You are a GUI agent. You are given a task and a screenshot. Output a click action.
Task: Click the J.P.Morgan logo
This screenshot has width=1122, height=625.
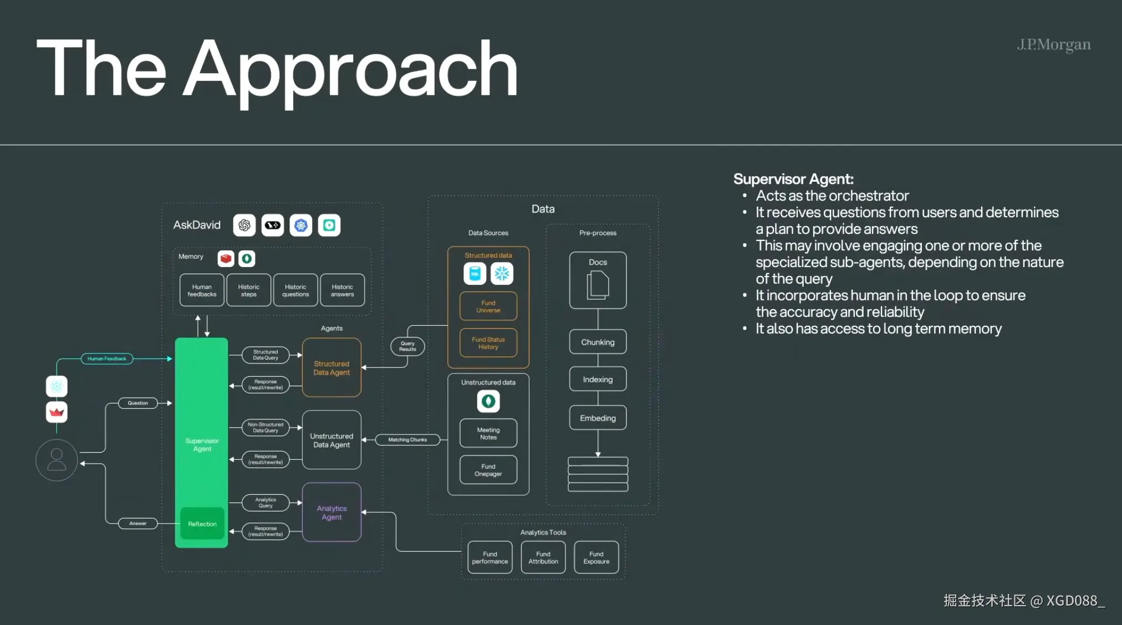point(1053,44)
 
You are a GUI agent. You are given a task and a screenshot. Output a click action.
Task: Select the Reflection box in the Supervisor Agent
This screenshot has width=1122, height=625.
point(202,524)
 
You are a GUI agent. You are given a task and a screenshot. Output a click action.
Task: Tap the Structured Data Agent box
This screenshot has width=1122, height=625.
point(331,368)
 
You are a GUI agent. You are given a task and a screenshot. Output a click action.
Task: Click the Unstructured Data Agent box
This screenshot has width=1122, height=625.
point(331,440)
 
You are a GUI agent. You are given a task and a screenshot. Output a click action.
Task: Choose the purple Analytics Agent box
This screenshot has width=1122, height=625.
point(331,513)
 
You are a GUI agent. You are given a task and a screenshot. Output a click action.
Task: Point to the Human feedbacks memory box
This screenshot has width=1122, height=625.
point(202,290)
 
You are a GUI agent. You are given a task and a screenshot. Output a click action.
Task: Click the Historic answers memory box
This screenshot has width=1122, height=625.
point(342,290)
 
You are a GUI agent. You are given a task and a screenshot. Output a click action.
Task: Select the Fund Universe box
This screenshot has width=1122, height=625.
point(488,306)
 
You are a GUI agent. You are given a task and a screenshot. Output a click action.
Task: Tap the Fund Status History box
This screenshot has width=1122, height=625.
point(488,343)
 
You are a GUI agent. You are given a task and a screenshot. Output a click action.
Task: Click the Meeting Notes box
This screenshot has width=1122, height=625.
point(488,433)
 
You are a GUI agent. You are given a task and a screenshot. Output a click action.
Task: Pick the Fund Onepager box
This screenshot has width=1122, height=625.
point(488,470)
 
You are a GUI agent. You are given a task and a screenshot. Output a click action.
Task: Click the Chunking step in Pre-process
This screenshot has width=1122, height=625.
point(598,342)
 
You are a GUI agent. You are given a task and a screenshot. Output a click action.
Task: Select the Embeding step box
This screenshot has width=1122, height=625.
point(598,418)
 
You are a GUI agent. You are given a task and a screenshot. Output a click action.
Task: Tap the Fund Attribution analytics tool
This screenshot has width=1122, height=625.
point(543,557)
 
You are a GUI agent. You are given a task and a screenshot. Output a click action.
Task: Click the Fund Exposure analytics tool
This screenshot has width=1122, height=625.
point(596,557)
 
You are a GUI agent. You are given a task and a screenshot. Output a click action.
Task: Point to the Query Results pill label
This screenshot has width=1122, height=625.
point(407,346)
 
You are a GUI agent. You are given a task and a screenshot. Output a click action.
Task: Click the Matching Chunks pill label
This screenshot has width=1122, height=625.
point(407,439)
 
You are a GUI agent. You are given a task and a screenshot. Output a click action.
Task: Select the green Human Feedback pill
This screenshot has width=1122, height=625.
point(107,358)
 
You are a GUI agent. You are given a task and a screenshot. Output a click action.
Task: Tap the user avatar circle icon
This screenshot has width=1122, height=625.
point(57,460)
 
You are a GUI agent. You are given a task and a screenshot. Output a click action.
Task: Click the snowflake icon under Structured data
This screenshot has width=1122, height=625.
point(502,273)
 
